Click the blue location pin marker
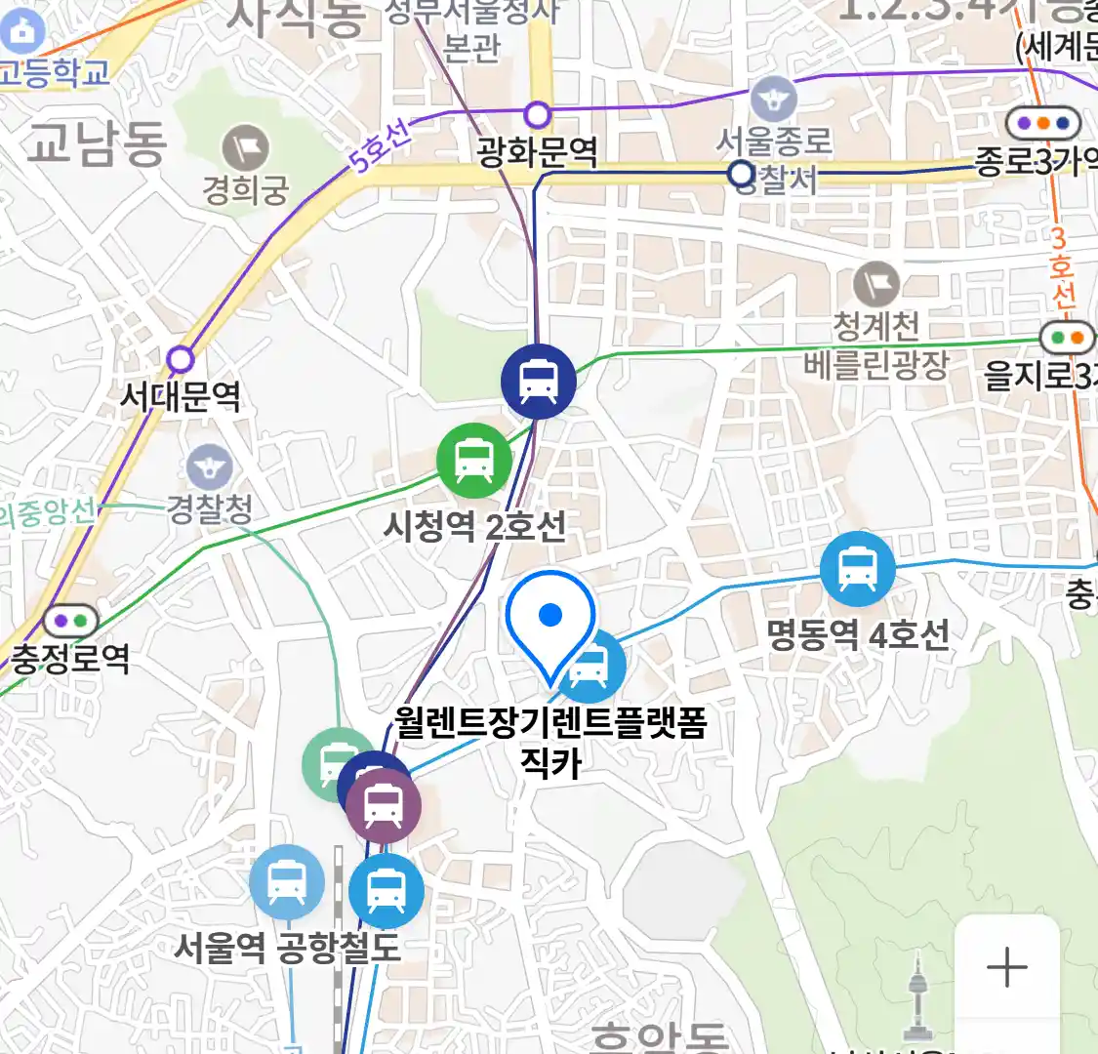[x=550, y=619]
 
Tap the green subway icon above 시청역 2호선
[x=474, y=461]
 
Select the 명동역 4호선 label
[x=858, y=635]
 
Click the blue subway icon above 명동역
[x=857, y=569]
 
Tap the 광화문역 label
[x=537, y=152]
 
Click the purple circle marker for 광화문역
[x=538, y=115]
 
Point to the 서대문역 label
[x=181, y=396]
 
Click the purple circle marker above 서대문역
[x=181, y=359]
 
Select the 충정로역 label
[x=70, y=658]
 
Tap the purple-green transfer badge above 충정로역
[x=70, y=620]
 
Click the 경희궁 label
[x=246, y=189]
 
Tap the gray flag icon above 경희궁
[x=245, y=148]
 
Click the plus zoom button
[x=1006, y=967]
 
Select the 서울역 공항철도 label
[x=288, y=948]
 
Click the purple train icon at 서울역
[x=384, y=805]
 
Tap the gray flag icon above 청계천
[x=876, y=285]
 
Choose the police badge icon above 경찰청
[x=209, y=466]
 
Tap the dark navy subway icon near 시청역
[x=538, y=381]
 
